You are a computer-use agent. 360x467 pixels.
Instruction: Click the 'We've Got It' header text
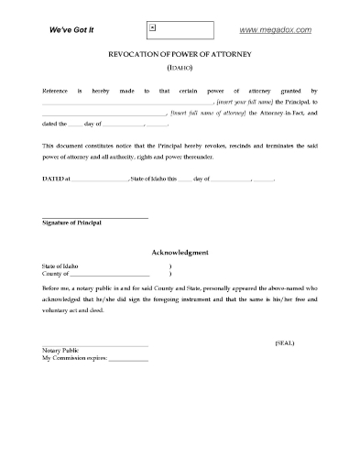point(72,30)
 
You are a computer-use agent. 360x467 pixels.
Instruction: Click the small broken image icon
point(153,27)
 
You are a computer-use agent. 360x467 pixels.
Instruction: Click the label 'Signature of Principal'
point(71,223)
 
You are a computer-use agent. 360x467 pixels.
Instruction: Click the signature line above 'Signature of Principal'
point(94,217)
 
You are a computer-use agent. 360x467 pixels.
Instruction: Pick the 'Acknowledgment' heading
point(180,252)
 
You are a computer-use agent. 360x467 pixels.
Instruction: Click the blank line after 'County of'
point(109,275)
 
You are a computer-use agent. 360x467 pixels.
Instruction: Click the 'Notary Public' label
point(60,350)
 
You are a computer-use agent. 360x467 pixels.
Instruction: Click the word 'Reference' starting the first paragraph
point(55,92)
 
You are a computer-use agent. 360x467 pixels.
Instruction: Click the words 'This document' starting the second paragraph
point(64,146)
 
